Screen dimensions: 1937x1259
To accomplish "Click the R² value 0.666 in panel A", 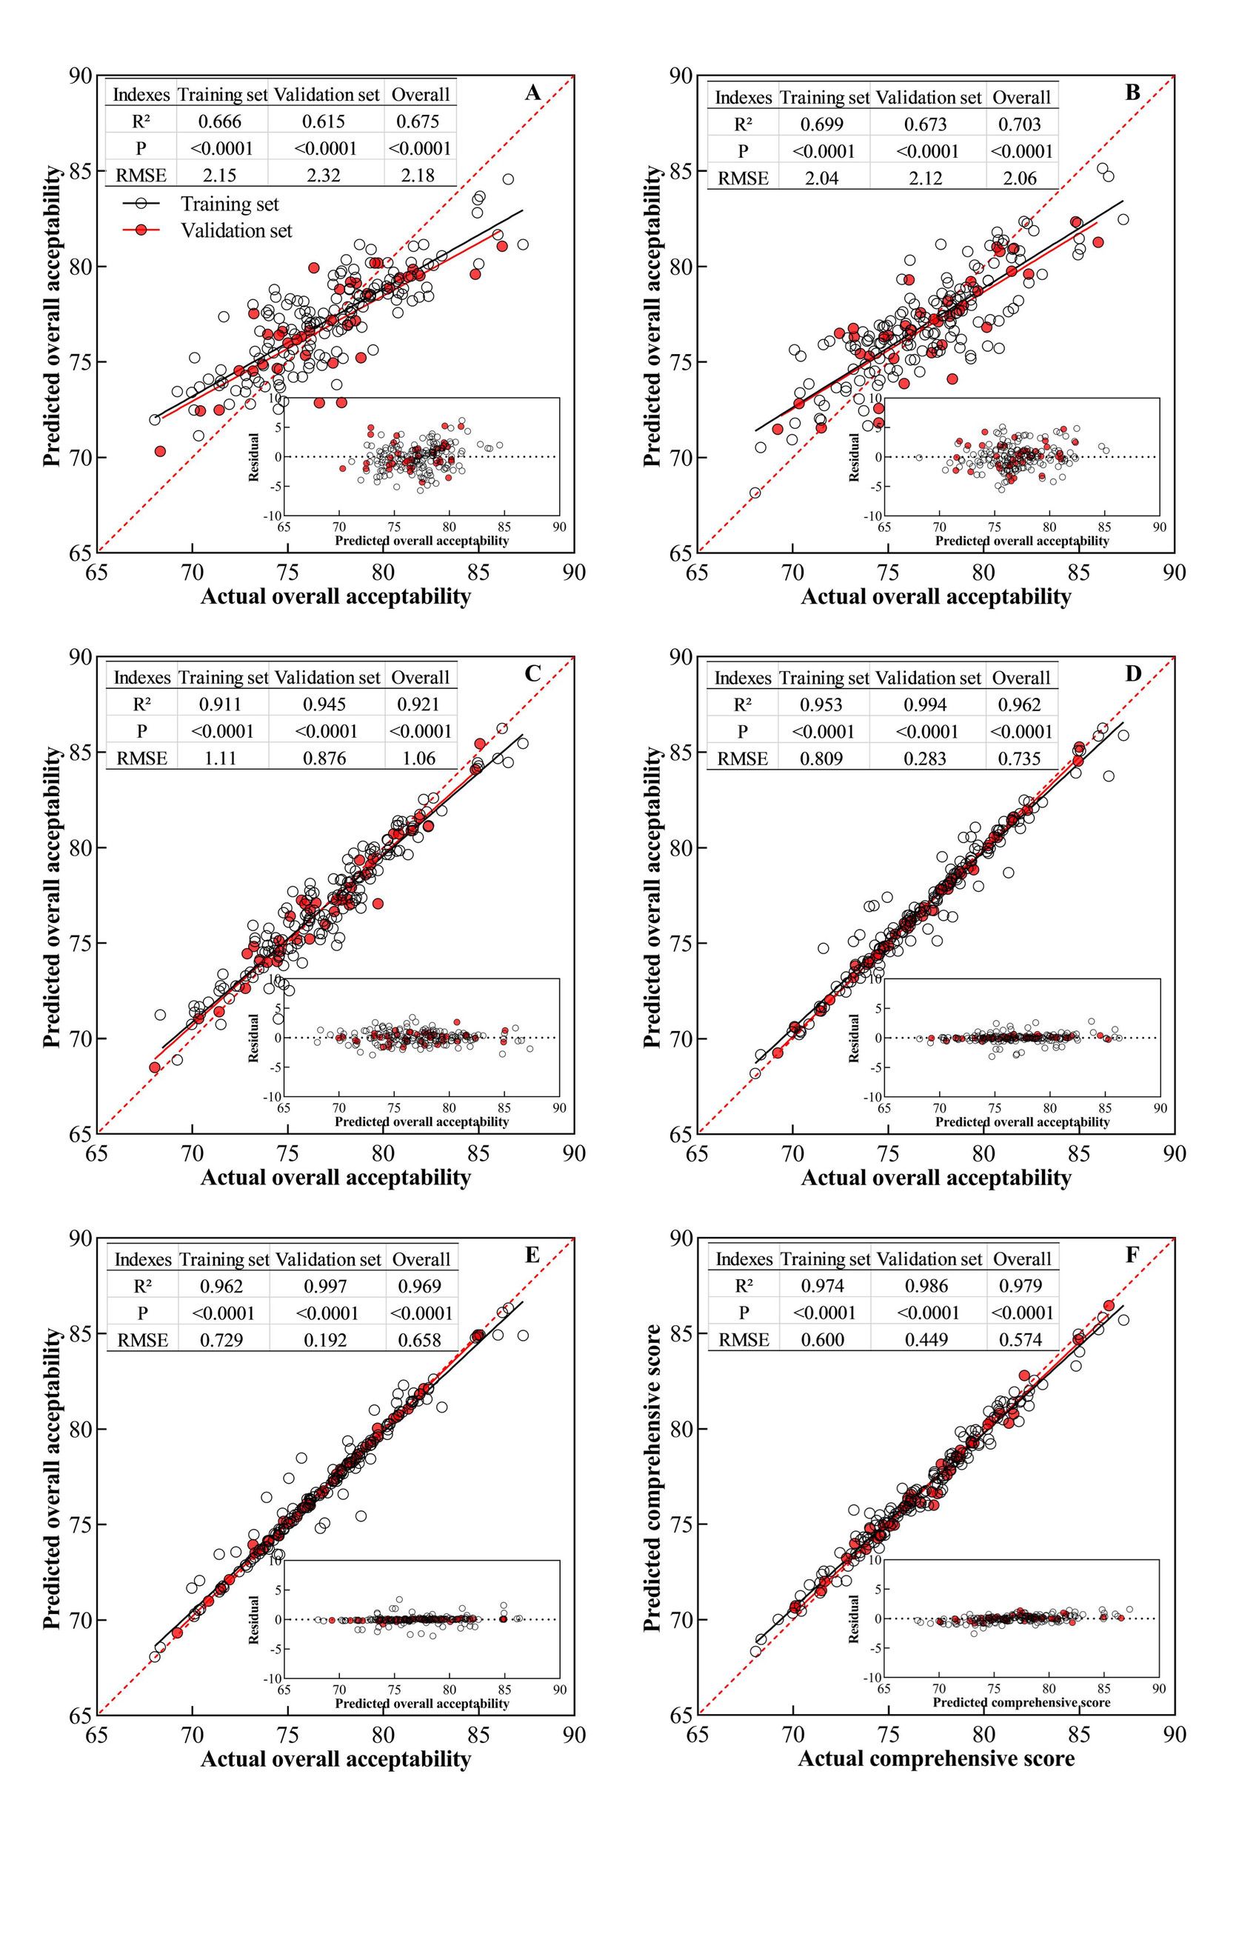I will (221, 121).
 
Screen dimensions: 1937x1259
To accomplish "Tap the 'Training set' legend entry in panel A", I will (230, 204).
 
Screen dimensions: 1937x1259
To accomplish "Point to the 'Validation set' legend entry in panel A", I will (236, 231).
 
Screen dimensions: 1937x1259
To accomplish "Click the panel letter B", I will (1132, 93).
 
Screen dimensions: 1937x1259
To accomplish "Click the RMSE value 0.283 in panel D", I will (926, 759).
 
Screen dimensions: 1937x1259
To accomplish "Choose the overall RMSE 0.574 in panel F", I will (1021, 1340).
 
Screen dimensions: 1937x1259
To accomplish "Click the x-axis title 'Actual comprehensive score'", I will (936, 1758).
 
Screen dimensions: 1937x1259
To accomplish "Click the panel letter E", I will (532, 1255).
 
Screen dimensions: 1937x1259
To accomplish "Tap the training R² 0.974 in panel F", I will (824, 1286).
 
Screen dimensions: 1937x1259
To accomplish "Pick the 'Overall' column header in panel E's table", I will (421, 1259).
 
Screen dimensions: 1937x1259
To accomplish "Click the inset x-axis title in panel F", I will (1021, 1701).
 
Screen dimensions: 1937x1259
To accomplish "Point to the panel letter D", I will (1133, 674).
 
